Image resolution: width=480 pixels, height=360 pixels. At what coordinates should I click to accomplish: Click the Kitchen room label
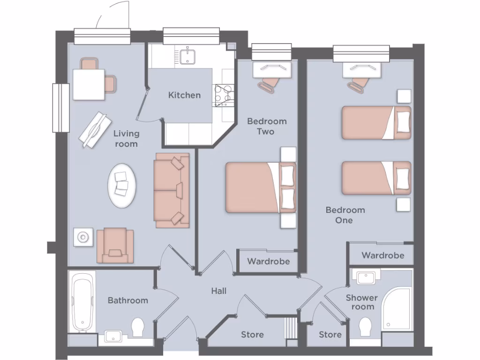pos(184,95)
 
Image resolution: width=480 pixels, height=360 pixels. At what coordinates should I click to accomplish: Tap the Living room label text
pos(126,139)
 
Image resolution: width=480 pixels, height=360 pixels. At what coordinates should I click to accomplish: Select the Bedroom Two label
pos(267,127)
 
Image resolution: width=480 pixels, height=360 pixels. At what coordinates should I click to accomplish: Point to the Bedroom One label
pos(345,215)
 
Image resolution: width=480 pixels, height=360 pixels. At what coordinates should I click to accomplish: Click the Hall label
pos(218,291)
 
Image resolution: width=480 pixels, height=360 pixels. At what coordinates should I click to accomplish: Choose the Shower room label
pos(362,302)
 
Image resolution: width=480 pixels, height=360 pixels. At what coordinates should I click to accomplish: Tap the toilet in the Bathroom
pos(138,327)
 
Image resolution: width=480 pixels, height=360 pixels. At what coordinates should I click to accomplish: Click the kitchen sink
pos(187,56)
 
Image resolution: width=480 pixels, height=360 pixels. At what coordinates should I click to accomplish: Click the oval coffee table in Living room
pos(123,186)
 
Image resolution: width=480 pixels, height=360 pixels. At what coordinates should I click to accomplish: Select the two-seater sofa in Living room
pos(171,190)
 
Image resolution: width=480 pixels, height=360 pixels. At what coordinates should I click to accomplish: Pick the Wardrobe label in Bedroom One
pos(382,255)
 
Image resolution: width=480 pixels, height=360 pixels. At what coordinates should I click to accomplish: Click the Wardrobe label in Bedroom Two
pos(269,261)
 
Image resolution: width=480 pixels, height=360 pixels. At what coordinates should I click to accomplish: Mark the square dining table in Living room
pos(89,84)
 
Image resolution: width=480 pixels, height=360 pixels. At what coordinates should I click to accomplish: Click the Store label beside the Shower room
pos(330,335)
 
